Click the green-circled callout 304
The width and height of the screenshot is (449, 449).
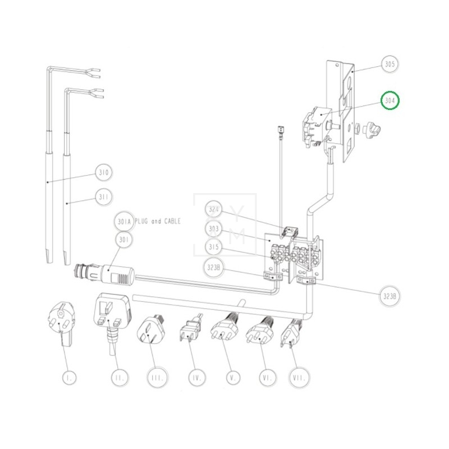point(390,101)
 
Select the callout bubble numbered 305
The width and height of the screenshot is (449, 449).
point(390,65)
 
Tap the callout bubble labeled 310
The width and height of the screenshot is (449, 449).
point(104,172)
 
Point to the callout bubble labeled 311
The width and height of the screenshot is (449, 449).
point(104,197)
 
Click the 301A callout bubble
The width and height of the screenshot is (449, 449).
point(124,222)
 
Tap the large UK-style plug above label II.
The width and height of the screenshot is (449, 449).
point(114,314)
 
